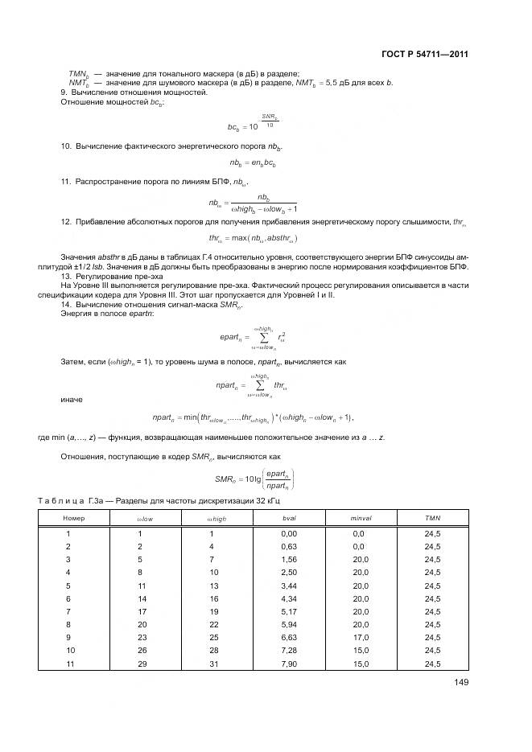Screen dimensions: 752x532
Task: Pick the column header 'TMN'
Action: (432, 519)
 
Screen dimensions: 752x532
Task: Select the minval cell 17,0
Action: (359, 638)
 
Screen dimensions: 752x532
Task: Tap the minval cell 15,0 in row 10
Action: (359, 651)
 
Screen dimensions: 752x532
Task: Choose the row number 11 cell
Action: (68, 664)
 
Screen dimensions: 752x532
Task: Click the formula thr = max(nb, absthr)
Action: (253, 239)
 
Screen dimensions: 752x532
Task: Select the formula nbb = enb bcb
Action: (252, 163)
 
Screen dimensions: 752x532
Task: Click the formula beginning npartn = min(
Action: (253, 417)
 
